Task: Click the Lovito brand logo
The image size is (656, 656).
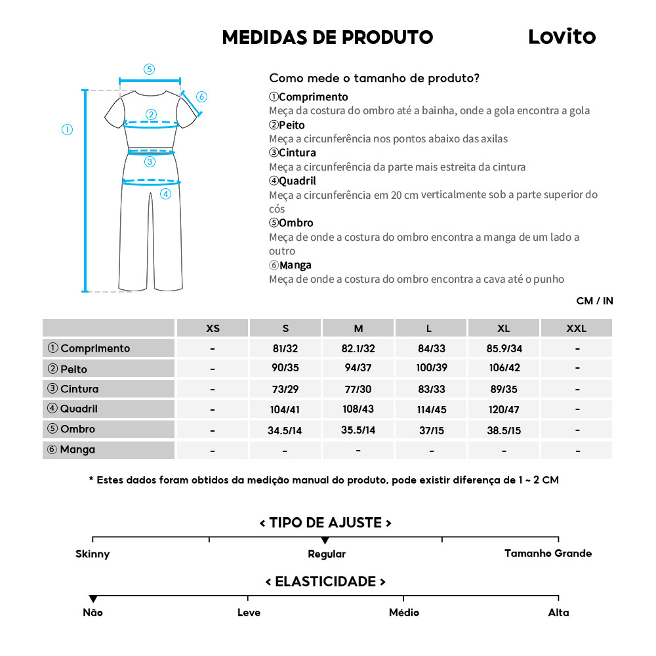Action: point(562,37)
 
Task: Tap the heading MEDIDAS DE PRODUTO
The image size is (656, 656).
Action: point(327,37)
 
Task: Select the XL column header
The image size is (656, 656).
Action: point(503,328)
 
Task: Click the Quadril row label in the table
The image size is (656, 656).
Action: point(79,409)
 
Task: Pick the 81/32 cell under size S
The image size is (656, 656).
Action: point(285,348)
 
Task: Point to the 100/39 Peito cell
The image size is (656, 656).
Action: point(431,368)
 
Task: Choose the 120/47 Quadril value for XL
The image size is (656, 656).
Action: point(504,409)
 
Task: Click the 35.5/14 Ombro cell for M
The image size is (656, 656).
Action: point(358,430)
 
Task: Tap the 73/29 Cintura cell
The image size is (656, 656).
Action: point(285,389)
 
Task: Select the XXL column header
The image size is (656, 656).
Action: point(576,328)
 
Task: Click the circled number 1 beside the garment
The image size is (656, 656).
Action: point(67,129)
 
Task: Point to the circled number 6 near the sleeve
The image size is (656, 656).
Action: point(201,97)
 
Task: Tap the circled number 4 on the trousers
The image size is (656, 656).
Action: point(165,194)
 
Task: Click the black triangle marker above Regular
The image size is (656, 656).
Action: point(325,540)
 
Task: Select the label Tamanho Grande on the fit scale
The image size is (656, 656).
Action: point(548,553)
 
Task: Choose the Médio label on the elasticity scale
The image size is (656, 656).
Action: point(403,612)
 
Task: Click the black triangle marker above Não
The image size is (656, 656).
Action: point(93,599)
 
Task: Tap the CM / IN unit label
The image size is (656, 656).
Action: point(594,301)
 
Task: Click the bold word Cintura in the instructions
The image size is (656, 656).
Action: point(297,153)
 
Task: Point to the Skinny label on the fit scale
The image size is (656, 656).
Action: point(92,554)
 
